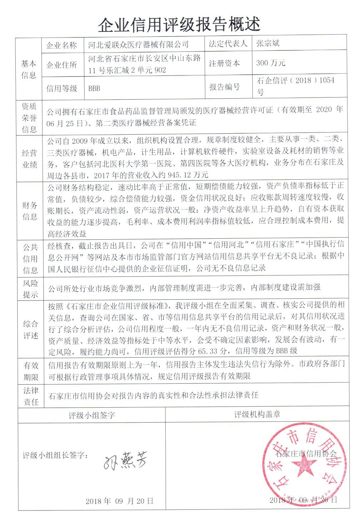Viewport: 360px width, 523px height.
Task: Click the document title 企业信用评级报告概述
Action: click(179, 24)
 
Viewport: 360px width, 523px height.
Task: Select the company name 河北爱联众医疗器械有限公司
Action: click(138, 45)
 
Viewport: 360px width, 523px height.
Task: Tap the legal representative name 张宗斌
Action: click(268, 44)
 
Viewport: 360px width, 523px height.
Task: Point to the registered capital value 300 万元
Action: click(271, 63)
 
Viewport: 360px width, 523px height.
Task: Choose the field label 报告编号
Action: click(224, 87)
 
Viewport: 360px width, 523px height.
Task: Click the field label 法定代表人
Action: click(227, 44)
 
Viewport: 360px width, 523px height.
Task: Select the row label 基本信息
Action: click(29, 69)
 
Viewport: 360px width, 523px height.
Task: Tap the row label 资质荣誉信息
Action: click(29, 118)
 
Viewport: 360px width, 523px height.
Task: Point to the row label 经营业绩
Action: click(29, 159)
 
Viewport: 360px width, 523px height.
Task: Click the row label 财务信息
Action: click(30, 211)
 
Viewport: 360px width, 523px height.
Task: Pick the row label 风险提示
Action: click(30, 289)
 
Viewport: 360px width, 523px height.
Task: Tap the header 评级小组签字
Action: click(92, 415)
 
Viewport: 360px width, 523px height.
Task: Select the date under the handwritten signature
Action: click(119, 501)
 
